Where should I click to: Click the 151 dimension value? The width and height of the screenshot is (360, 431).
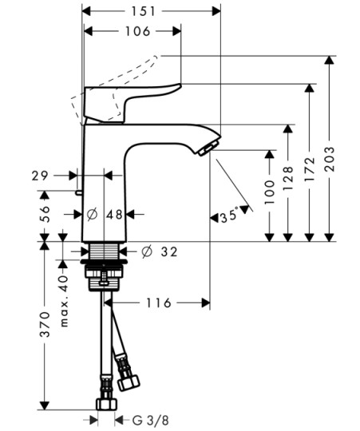click(x=143, y=11)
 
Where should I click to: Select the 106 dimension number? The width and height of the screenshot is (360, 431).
click(x=137, y=31)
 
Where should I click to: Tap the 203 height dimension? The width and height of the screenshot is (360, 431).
click(x=330, y=159)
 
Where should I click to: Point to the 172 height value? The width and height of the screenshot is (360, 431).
click(x=310, y=169)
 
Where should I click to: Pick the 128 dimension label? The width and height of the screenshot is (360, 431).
click(x=288, y=179)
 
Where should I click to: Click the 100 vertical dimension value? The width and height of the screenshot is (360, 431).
click(x=269, y=192)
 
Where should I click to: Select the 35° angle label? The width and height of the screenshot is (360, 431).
click(x=229, y=215)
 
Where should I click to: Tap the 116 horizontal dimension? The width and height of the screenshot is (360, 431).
click(x=158, y=303)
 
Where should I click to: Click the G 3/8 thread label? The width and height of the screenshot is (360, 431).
click(x=150, y=421)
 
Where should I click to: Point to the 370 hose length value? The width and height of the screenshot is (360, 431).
click(x=45, y=325)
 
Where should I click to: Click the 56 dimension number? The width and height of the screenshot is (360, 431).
click(x=45, y=214)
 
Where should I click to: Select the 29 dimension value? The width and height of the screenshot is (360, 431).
click(x=40, y=176)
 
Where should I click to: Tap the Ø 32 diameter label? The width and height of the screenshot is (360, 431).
click(x=160, y=251)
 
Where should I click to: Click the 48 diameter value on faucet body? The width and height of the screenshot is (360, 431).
click(x=114, y=215)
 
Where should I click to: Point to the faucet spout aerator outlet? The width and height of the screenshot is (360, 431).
click(x=207, y=148)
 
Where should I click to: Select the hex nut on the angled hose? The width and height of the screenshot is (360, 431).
click(x=129, y=383)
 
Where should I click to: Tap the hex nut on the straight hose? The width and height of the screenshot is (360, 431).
click(x=106, y=405)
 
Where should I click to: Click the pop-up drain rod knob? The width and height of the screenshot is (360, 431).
click(x=78, y=192)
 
